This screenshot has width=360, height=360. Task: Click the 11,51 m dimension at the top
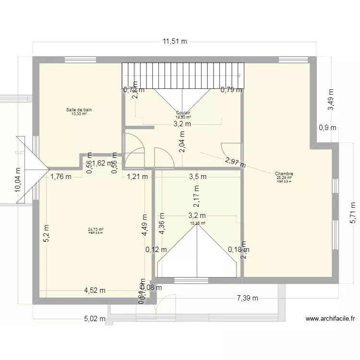tap(174, 41)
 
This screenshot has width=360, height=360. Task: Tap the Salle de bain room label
tap(79, 110)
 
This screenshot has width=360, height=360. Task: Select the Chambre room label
tap(284, 174)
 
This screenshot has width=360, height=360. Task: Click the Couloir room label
tap(183, 113)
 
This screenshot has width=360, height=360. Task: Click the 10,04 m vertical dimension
tap(18, 180)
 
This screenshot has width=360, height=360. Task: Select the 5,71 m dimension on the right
tap(353, 212)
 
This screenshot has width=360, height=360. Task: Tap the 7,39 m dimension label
tap(247, 298)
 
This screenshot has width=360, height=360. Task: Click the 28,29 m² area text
tap(284, 178)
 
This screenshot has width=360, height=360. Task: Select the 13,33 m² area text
tap(79, 114)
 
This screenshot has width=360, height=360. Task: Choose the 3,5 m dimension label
tap(197, 176)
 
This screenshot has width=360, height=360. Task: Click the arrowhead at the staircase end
tap(240, 75)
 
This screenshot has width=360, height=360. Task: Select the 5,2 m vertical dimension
tap(46, 234)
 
